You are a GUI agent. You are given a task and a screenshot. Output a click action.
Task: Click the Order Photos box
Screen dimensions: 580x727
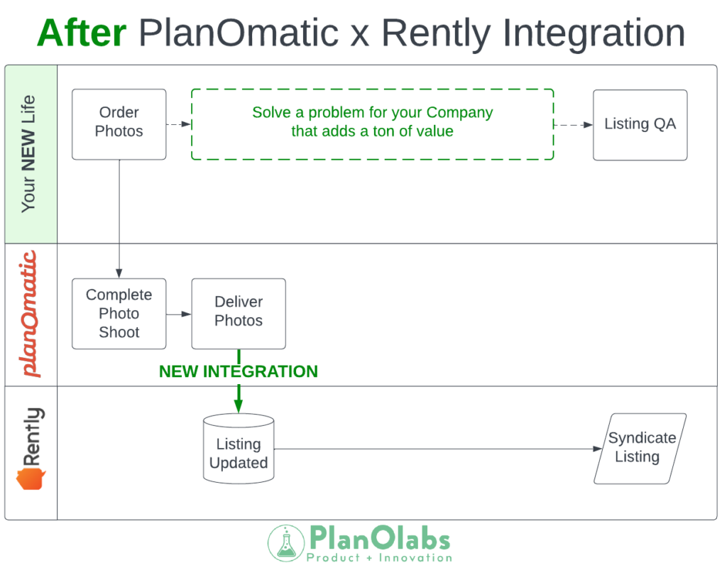point(119,124)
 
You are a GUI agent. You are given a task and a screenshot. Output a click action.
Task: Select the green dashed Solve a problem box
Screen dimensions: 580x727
point(372,124)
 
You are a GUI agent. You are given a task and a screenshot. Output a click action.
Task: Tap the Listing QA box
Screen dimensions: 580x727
point(640,124)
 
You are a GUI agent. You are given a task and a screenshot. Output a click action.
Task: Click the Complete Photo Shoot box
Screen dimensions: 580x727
point(119,313)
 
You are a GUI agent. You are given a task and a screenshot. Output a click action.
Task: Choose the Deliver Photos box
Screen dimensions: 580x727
point(238,313)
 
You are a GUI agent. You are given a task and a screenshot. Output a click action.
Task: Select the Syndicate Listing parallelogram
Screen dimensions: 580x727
point(640,448)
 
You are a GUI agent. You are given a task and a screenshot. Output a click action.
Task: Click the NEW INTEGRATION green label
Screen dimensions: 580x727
point(238,371)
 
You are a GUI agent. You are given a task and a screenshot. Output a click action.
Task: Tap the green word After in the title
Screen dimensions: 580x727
point(81,33)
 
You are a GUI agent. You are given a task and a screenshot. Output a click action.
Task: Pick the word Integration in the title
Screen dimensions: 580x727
point(590,33)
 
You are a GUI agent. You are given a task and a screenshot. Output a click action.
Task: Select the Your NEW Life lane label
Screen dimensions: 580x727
point(29,153)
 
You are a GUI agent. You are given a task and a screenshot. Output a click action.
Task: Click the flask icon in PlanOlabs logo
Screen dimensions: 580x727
point(285,543)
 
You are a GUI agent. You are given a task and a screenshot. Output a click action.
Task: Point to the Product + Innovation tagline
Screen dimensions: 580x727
point(378,558)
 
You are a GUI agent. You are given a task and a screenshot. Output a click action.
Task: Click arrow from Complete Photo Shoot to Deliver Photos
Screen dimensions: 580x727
point(179,314)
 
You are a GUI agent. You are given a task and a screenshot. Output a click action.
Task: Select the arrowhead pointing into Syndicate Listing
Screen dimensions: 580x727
point(597,449)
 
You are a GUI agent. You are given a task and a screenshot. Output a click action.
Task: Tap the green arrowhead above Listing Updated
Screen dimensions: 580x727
point(238,407)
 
